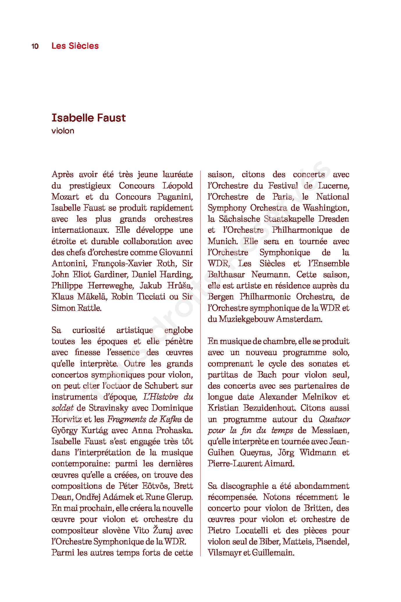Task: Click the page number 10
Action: (35, 46)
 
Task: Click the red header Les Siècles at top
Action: (75, 46)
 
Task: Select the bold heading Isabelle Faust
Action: (88, 118)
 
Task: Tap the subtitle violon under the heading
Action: (63, 131)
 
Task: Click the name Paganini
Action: (175, 197)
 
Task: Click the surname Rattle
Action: (88, 308)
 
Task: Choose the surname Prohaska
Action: (174, 430)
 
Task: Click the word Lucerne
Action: (333, 186)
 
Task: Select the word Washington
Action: (326, 208)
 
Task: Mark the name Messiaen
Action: (331, 430)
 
